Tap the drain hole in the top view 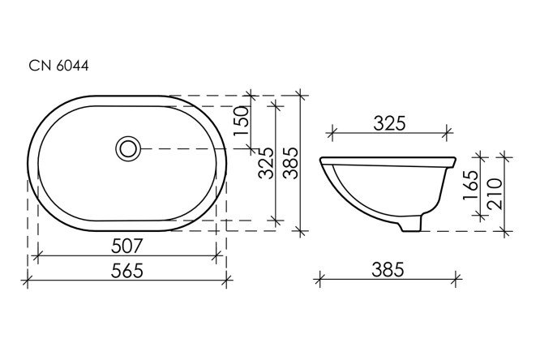(x=128, y=148)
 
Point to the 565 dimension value (x=127, y=270)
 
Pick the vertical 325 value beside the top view (x=265, y=165)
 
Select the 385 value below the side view (x=389, y=269)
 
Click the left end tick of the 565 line (x=28, y=281)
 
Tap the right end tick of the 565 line (x=226, y=281)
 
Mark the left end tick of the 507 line (x=39, y=255)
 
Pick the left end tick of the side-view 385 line (x=321, y=281)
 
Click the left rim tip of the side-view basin (x=322, y=159)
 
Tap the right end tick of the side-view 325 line (x=448, y=132)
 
